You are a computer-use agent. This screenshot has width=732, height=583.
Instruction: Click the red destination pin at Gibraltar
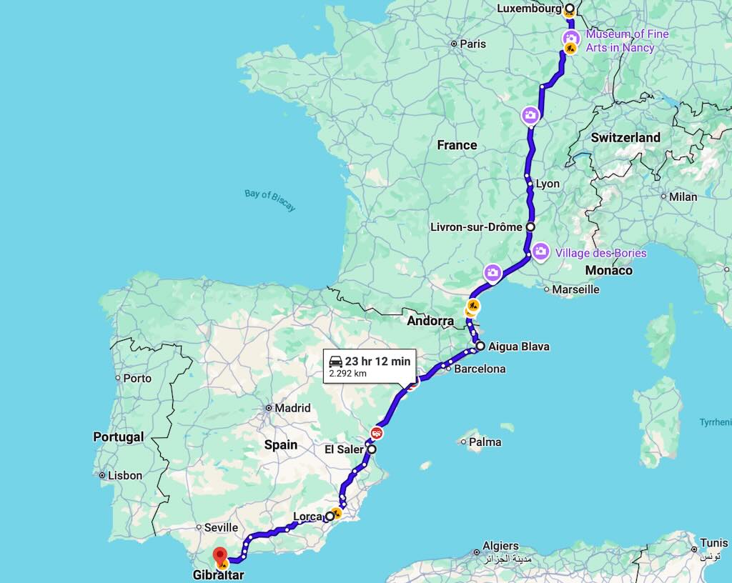pos(220,554)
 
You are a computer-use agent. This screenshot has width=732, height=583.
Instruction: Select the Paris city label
pos(473,44)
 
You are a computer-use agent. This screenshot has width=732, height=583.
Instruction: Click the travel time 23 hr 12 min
pos(377,362)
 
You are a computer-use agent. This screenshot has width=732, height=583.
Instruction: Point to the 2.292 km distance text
pos(348,373)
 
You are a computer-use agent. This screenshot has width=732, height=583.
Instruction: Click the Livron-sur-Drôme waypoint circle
pos(530,226)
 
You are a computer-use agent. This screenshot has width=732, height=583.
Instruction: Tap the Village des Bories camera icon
pos(541,251)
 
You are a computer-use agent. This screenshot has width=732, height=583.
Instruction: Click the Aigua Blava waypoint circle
pos(480,347)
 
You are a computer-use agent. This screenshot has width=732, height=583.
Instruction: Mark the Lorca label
pos(307,517)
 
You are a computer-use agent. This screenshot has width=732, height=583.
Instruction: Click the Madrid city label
pos(292,408)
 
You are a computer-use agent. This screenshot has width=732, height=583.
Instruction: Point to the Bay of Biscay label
pos(269,199)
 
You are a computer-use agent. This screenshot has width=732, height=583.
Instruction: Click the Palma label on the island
pos(485,442)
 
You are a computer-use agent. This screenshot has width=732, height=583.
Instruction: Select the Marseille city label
pos(576,289)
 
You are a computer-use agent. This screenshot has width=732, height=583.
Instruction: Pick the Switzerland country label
pos(625,137)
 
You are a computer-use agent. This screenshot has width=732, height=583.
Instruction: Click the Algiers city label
pos(500,546)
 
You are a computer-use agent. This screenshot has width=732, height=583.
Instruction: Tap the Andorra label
pos(430,322)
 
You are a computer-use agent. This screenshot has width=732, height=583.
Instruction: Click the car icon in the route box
pos(335,362)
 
